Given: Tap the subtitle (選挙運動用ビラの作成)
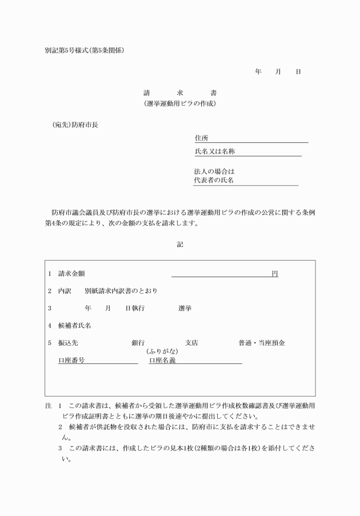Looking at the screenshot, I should (180, 104).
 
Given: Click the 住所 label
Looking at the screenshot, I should (201, 138).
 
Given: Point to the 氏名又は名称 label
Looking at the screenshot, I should (215, 152).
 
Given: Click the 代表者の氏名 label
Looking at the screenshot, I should (214, 181).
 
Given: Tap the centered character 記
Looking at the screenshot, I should (180, 244).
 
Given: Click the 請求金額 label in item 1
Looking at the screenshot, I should (72, 274).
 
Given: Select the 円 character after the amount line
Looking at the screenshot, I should (275, 274).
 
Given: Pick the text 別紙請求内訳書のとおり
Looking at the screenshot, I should (121, 291).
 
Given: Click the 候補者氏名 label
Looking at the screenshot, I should (75, 325).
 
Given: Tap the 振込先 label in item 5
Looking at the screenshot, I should (68, 343).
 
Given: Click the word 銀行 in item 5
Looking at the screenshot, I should (138, 343).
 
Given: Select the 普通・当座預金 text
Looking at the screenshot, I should (261, 343).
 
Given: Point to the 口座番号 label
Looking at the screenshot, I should (72, 360).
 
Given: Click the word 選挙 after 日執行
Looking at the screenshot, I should (185, 308).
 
